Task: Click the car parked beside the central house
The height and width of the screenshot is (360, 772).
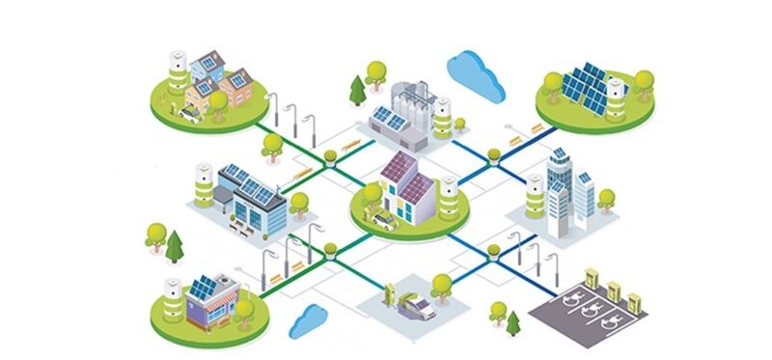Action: pos(384,221)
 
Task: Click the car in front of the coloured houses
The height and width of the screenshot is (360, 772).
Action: pos(189,115)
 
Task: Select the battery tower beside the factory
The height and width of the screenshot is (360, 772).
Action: pos(442,119)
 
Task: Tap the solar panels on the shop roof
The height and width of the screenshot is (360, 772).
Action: pos(204,288)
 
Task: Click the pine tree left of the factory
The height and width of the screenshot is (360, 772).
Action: pos(359,91)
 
